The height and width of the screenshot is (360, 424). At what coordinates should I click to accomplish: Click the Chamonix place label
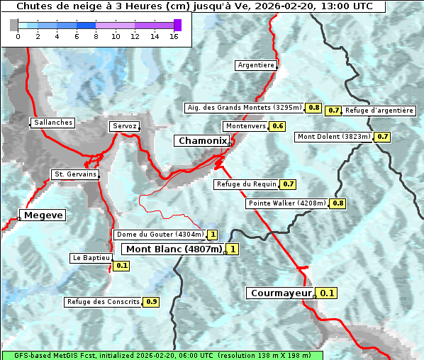click(202, 141)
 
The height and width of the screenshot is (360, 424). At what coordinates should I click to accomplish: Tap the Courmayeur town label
click(281, 293)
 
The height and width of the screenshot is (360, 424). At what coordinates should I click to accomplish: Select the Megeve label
click(43, 215)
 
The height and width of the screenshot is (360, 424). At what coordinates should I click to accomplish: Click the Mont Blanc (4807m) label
click(174, 249)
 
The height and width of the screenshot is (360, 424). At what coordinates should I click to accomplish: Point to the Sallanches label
click(52, 123)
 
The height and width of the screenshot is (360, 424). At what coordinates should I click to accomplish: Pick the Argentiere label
click(256, 65)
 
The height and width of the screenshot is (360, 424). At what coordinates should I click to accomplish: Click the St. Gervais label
click(74, 174)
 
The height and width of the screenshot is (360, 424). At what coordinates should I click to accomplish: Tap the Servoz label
click(124, 126)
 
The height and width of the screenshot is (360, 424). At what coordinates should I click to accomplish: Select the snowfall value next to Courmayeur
click(327, 293)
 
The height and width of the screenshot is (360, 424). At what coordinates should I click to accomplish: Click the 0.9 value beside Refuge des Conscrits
click(151, 302)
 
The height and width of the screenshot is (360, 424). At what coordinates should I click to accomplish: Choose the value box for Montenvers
click(277, 126)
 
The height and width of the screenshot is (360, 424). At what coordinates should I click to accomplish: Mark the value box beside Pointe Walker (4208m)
click(337, 203)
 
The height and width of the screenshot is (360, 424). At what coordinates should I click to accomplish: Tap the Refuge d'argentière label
click(379, 111)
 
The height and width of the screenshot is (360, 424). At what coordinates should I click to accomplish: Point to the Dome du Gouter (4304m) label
click(160, 235)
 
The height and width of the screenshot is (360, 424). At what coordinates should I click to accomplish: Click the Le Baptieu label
click(91, 258)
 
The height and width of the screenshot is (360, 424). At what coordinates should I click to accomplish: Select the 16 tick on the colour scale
click(174, 36)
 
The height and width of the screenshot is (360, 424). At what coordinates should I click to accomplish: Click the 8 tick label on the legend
click(96, 36)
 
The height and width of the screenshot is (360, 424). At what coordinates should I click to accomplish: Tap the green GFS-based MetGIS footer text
click(162, 355)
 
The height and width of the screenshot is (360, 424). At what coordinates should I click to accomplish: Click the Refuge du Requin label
click(246, 184)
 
